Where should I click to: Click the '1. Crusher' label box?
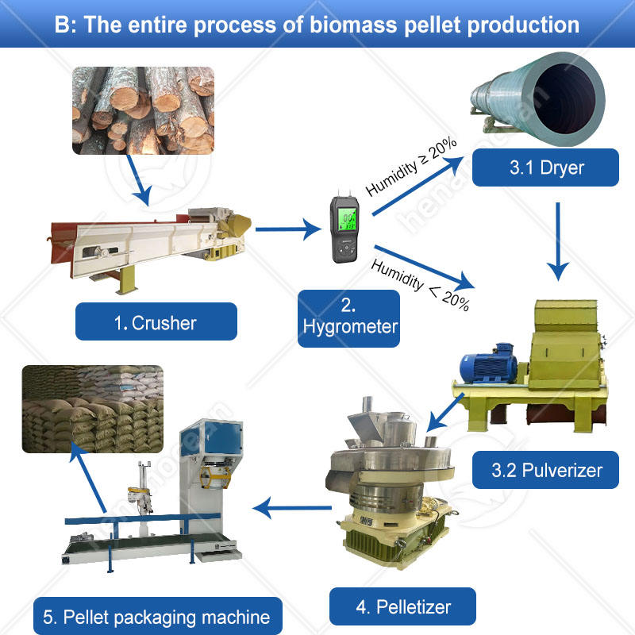tap(156, 321)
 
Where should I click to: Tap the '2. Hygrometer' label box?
tap(348, 317)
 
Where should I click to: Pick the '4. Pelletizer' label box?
tap(403, 607)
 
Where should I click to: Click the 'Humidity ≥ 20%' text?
tap(410, 167)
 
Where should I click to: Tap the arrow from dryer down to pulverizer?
tap(560, 241)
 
